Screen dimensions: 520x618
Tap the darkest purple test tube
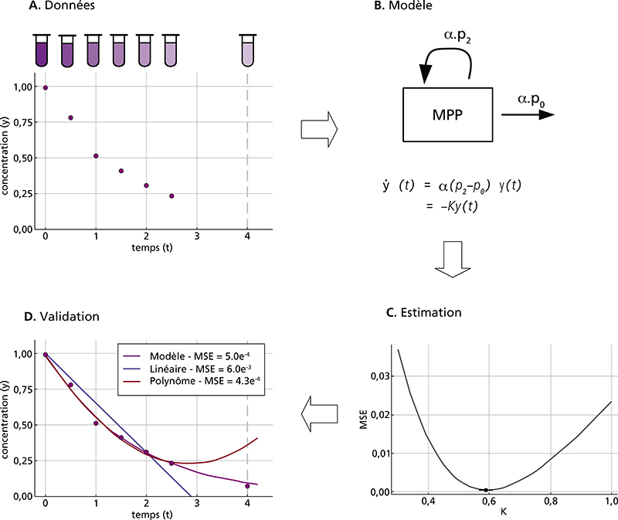42,50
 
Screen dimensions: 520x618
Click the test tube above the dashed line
247,50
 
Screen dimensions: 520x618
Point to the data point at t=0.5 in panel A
70,117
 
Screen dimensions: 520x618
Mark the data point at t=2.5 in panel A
171,196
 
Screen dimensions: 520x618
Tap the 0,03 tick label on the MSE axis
378,376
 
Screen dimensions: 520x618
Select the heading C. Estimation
423,313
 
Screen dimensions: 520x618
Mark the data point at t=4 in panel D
247,486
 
